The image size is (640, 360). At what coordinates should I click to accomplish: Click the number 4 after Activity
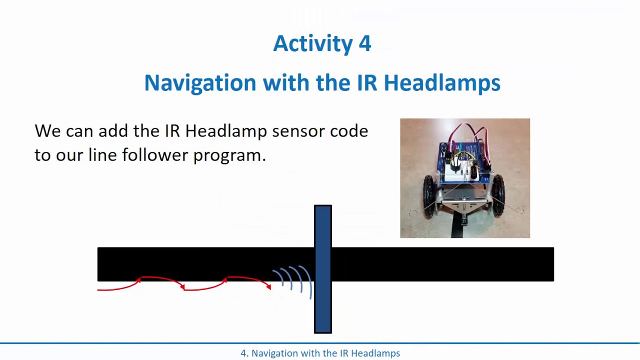[364, 44]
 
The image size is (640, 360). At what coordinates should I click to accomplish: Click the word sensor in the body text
[298, 131]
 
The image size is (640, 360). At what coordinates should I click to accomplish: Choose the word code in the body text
[349, 131]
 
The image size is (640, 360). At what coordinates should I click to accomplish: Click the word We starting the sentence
[47, 131]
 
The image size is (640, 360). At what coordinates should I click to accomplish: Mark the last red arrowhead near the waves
[268, 286]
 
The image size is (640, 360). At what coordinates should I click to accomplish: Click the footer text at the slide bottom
[320, 353]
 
